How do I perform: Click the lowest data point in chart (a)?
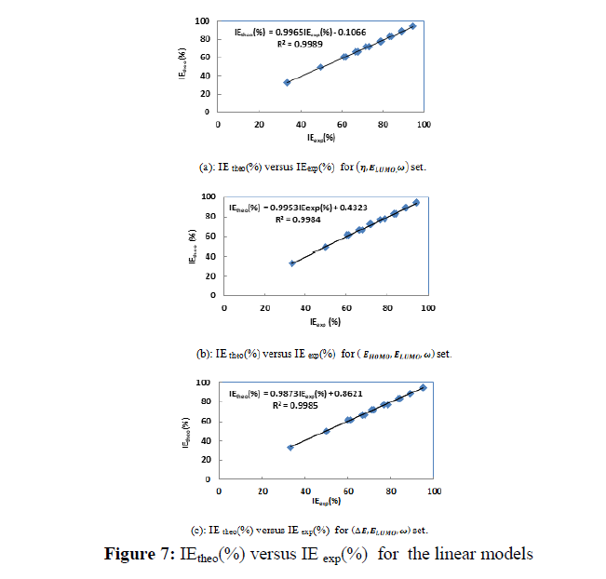click(287, 82)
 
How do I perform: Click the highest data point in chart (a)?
click(412, 26)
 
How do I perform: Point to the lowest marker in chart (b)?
click(292, 263)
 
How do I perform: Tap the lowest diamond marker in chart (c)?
click(290, 448)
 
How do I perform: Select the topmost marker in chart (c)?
click(423, 387)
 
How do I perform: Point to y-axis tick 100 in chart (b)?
click(211, 196)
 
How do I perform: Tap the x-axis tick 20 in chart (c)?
click(262, 490)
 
